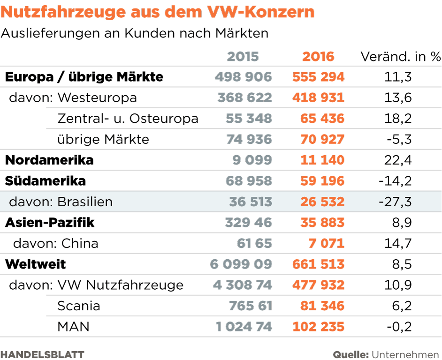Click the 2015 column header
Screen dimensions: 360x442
coord(243,57)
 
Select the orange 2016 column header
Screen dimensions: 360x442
coord(318,57)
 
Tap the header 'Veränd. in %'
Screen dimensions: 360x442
coord(400,57)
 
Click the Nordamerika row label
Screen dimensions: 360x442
coord(49,160)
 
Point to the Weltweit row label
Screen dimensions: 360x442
coord(36,264)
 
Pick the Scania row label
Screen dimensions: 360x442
coord(79,306)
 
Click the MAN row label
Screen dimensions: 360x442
coord(73,327)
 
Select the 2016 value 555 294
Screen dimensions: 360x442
coord(318,77)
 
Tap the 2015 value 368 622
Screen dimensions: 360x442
coord(244,97)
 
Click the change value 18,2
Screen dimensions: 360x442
coord(398,119)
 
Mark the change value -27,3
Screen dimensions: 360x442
coord(395,202)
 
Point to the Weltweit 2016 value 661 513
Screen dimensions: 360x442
coord(318,264)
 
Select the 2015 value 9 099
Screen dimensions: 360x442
coord(252,160)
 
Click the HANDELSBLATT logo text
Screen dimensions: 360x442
coord(42,354)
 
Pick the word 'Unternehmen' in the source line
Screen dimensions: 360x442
coord(406,354)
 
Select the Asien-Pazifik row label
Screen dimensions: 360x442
coord(50,223)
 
